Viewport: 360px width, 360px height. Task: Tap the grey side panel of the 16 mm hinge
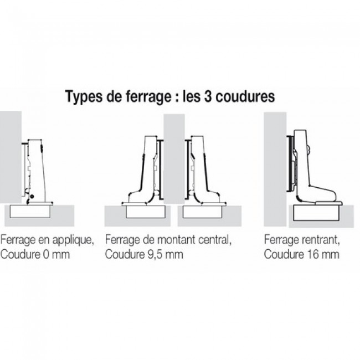[x=275, y=166]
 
